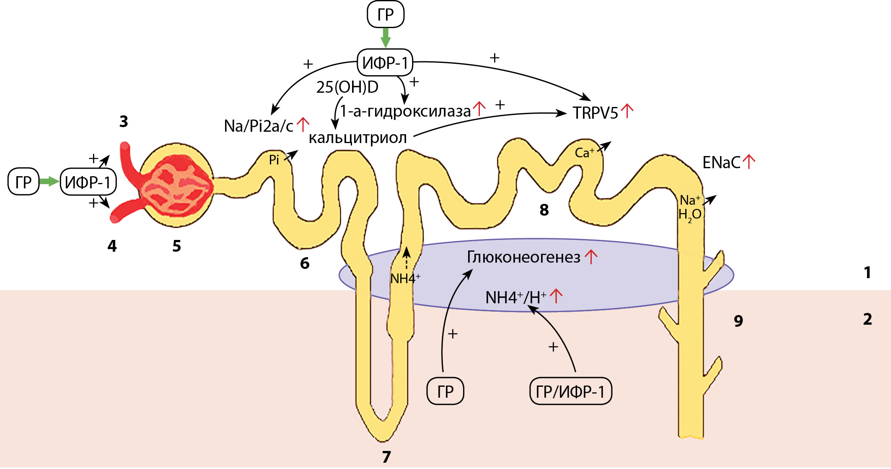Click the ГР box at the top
[385, 14]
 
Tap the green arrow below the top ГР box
[385, 38]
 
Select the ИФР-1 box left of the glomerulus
[88, 182]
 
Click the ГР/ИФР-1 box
[570, 391]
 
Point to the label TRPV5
[595, 113]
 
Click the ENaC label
[721, 163]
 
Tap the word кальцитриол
[357, 138]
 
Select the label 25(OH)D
[347, 87]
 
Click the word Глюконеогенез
[523, 257]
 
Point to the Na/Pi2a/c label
[259, 126]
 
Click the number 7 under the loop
[386, 456]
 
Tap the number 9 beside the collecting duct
[738, 321]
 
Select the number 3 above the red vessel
[123, 122]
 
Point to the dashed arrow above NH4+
[406, 259]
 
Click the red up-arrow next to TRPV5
[627, 111]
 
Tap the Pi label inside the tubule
[274, 160]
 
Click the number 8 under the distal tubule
[544, 210]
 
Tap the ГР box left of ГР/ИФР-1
[445, 391]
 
